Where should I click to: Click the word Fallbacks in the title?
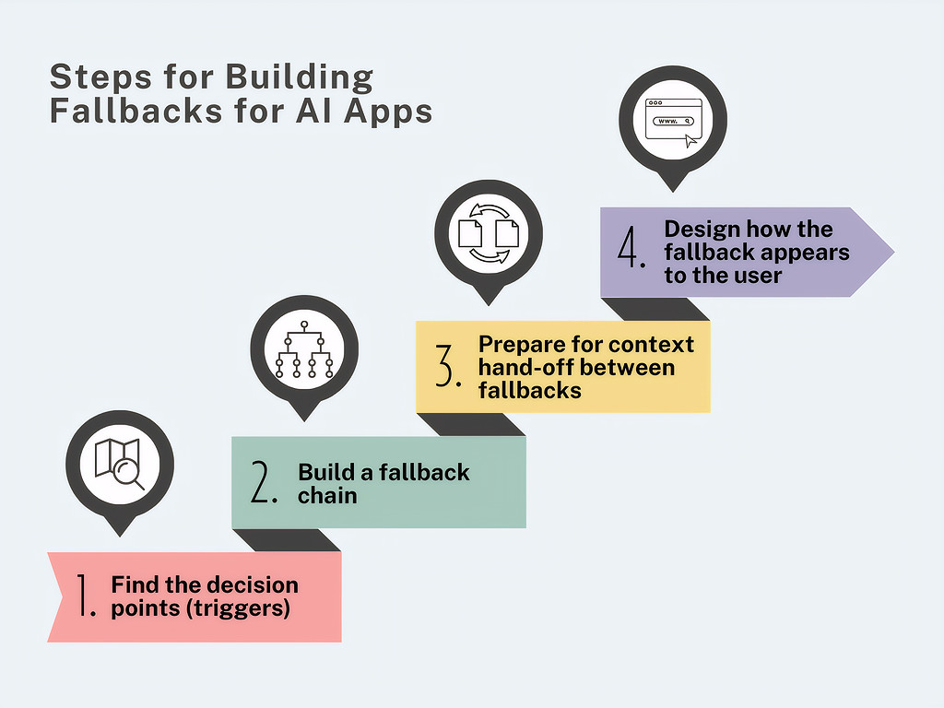click(137, 111)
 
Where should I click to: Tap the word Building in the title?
click(300, 77)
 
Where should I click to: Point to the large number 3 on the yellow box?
click(448, 366)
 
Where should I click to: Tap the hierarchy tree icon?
click(304, 349)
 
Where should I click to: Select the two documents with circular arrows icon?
click(489, 233)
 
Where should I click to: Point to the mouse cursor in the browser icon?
click(690, 141)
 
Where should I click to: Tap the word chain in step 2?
click(327, 495)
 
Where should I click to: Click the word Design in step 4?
click(702, 230)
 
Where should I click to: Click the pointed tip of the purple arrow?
click(893, 253)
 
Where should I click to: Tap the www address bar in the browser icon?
click(673, 121)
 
